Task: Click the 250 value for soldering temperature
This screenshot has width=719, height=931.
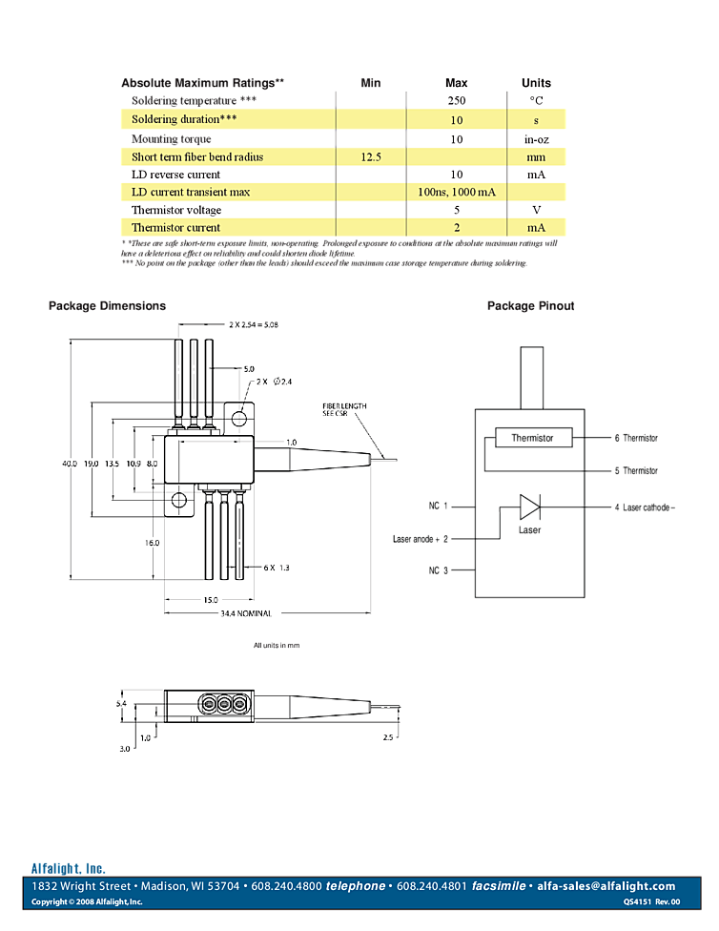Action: tap(456, 101)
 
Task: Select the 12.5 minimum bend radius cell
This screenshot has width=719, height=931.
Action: tap(371, 156)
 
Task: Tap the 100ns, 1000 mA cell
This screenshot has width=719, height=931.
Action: tap(457, 192)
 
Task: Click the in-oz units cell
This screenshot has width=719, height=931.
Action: tap(536, 139)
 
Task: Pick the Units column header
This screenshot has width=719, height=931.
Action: tap(536, 83)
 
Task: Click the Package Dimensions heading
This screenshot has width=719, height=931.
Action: tap(107, 306)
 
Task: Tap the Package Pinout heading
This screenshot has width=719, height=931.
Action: tap(530, 306)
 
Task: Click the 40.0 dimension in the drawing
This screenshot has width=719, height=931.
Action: tap(70, 463)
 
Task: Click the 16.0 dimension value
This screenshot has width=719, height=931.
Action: tap(152, 542)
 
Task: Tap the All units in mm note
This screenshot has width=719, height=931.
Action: tap(276, 646)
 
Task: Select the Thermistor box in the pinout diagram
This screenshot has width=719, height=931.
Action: tap(532, 438)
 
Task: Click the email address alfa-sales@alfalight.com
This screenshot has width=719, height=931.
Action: tap(606, 886)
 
